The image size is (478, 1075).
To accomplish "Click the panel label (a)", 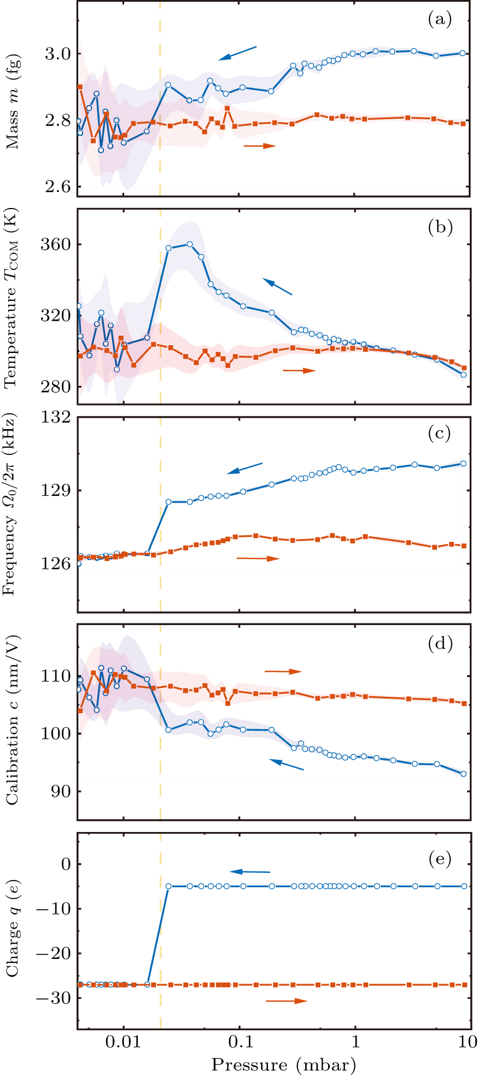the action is [440, 20].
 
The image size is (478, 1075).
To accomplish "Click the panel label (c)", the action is [440, 434].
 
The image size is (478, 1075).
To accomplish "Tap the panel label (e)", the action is [440, 859].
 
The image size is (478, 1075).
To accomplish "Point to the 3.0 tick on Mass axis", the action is [57, 54].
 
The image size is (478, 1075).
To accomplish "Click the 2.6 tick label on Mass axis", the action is [57, 187].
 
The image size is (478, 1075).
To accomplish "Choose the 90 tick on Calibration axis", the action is [60, 791].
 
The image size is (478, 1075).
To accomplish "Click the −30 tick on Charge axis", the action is [53, 998].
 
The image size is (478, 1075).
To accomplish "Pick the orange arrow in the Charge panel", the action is [287, 1001].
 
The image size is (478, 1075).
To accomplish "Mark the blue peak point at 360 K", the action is [190, 244].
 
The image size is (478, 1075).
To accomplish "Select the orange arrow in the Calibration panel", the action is [283, 671].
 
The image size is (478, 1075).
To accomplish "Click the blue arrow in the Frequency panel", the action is [245, 469].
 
